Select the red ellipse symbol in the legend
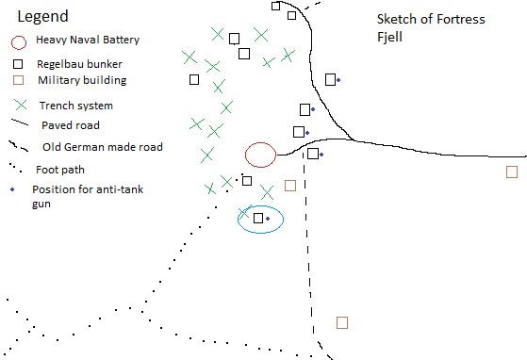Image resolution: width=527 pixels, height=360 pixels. point(18,42)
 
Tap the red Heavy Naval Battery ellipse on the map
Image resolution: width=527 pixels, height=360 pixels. point(260,154)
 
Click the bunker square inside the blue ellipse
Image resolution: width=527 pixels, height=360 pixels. point(258,218)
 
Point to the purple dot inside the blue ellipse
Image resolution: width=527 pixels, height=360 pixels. point(268,219)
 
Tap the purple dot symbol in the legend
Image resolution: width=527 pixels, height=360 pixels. point(12,188)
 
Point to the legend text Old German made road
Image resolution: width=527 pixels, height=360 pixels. point(103,147)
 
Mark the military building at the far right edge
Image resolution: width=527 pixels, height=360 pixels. point(512,172)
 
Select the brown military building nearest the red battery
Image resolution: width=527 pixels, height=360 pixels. point(290,186)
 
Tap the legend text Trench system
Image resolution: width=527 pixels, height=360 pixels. point(75,106)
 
